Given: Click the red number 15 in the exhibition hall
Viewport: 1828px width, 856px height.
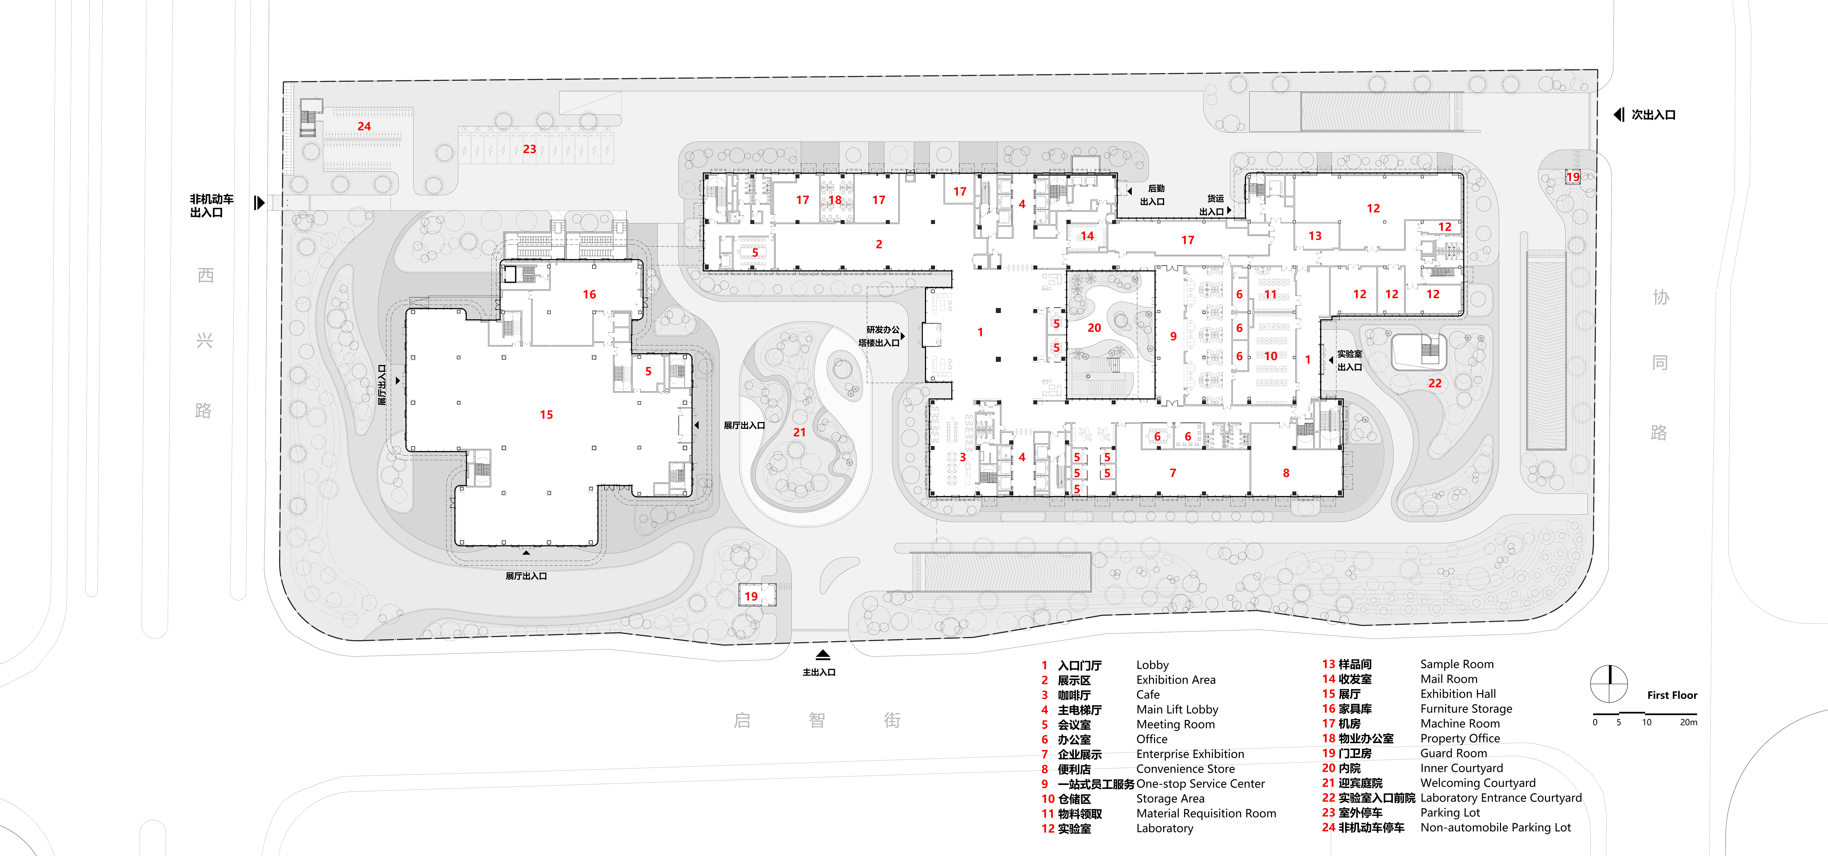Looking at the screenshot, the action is click(x=547, y=414).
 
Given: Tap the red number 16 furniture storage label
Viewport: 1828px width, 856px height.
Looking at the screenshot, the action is click(x=589, y=295).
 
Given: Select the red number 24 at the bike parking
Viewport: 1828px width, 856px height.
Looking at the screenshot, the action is click(x=364, y=126).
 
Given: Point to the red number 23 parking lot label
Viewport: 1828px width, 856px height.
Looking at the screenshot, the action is click(x=529, y=149).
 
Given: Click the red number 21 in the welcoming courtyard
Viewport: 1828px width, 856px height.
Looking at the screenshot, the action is click(x=799, y=432).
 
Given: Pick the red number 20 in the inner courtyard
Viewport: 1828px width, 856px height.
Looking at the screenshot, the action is click(x=1094, y=328).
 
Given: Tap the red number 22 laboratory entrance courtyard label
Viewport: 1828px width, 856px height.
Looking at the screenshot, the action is click(x=1435, y=383).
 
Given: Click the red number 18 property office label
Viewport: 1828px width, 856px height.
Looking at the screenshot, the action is click(x=835, y=200).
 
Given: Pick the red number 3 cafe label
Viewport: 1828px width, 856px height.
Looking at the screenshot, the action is click(x=963, y=458).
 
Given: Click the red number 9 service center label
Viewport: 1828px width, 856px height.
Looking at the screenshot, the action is click(x=1173, y=336).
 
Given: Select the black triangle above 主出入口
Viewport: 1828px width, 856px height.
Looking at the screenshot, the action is click(x=822, y=654).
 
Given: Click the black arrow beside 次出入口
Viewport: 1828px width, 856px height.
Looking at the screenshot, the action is click(x=1619, y=114).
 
